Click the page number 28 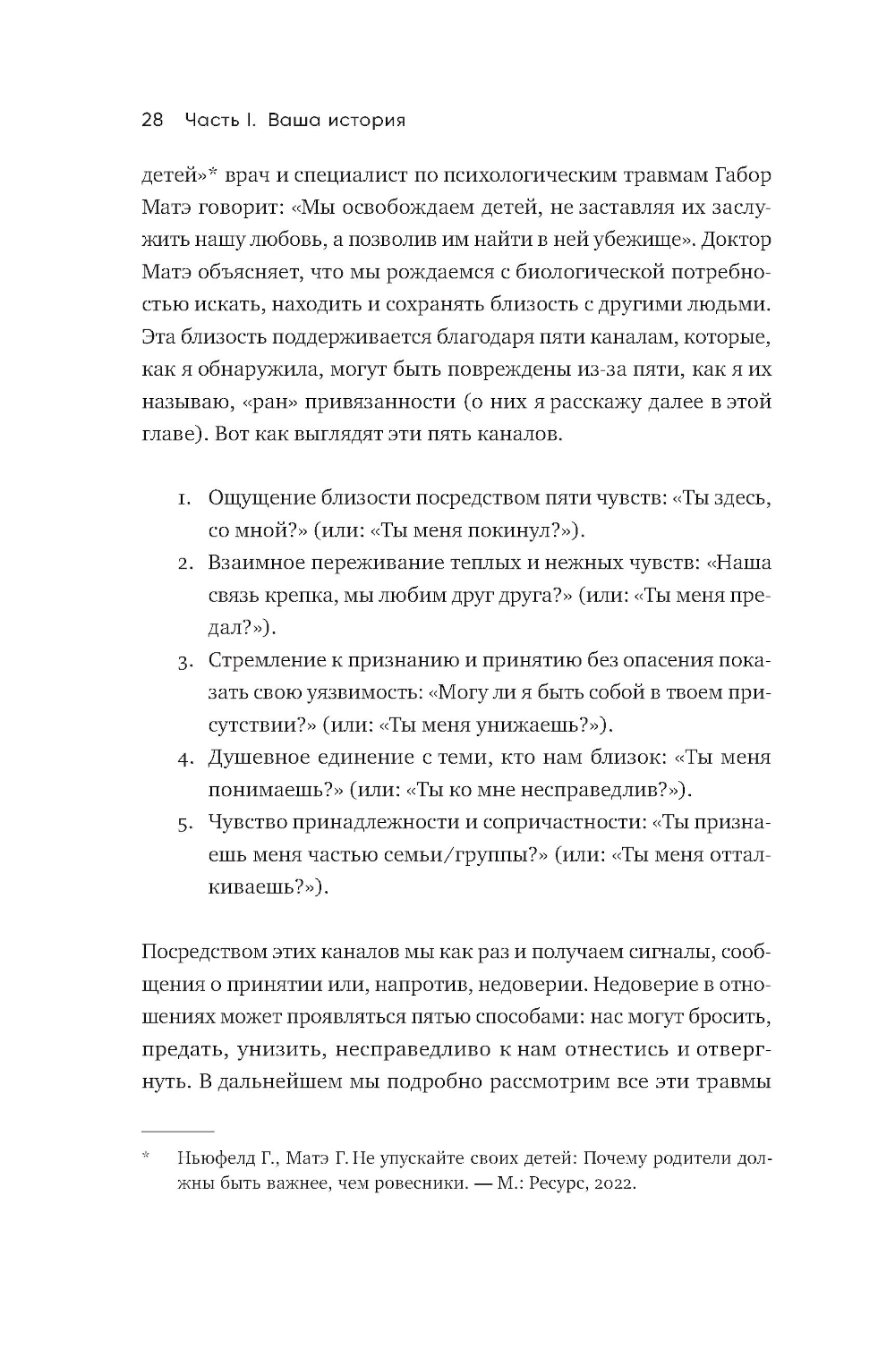click(152, 120)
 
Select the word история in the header click(365, 120)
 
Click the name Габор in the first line click(739, 175)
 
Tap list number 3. click(185, 662)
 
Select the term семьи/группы click(472, 854)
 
